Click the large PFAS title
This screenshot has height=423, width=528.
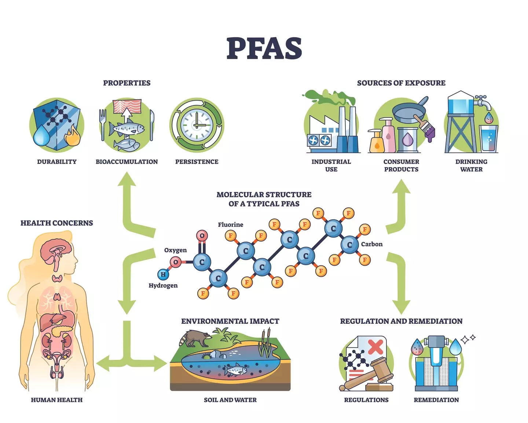pos(264,49)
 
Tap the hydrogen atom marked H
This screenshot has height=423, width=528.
pos(163,274)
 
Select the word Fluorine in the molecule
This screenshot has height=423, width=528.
pos(230,225)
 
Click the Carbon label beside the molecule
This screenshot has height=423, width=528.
pos(371,244)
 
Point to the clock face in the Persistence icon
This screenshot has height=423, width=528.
pos(197,125)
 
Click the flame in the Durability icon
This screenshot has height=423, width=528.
pos(71,137)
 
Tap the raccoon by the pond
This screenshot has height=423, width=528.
pos(194,338)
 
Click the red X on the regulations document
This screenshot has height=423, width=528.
pos(375,346)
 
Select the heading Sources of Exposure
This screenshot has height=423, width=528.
pos(401,83)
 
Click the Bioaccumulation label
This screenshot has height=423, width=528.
pos(126,162)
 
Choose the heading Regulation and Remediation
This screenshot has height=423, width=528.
pos(401,321)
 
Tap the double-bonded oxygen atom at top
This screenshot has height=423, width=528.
pos(202,236)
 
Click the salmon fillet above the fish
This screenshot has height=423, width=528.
pos(127,106)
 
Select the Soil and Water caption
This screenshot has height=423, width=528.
pos(230,400)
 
